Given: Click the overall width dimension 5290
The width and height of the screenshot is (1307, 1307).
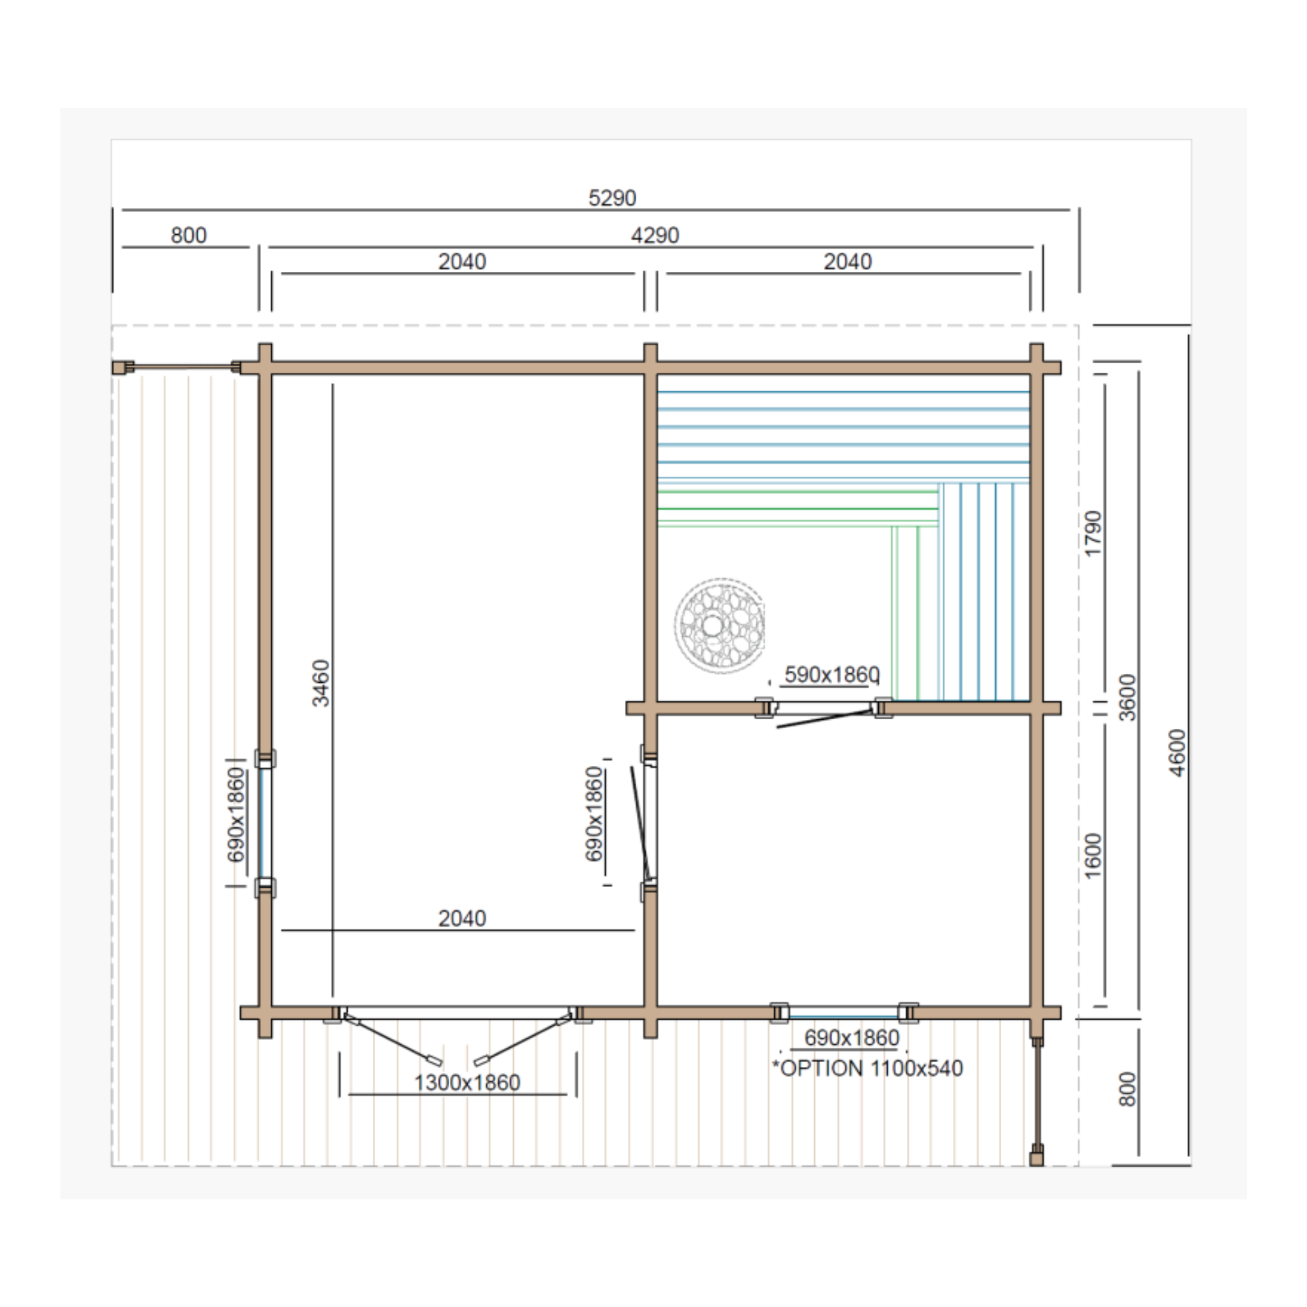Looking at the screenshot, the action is (611, 198).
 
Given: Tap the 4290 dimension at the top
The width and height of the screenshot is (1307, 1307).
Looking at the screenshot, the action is (654, 235).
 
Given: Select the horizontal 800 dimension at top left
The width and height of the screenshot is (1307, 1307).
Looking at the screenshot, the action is (188, 235).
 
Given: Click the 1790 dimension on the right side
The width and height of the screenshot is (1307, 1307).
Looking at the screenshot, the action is (1093, 534).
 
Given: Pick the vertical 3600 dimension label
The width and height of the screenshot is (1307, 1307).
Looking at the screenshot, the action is (1127, 698).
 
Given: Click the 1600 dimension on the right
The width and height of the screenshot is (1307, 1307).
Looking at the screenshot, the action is (1093, 856).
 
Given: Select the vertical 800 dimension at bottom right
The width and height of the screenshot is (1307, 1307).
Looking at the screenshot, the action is (1127, 1089).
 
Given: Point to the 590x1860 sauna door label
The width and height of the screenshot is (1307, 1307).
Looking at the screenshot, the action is (832, 675).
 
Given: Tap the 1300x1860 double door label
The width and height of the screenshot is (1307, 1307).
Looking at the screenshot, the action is (467, 1082).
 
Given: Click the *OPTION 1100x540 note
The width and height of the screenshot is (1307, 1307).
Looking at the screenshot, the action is (867, 1068).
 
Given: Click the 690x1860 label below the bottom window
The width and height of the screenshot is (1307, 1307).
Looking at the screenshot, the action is (852, 1037).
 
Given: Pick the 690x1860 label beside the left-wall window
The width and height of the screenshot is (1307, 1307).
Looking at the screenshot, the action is (235, 814).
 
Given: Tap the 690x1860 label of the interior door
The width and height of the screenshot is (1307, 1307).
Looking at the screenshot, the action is (594, 814).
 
